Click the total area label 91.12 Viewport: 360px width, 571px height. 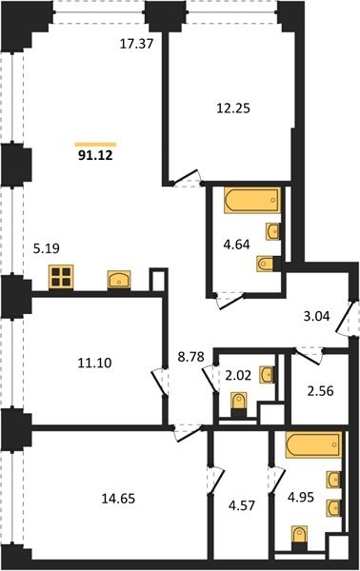tap(95, 156)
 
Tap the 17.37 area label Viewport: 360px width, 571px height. tap(136, 44)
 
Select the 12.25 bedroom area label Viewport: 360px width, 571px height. tap(233, 108)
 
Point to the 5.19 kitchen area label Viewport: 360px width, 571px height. tap(47, 248)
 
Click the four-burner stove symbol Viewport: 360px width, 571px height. tap(61, 277)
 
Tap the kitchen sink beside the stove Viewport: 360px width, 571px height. tap(119, 280)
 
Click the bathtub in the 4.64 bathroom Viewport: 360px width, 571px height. tap(252, 200)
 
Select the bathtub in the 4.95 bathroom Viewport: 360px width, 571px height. tap(313, 444)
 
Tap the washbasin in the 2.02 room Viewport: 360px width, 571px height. tap(267, 374)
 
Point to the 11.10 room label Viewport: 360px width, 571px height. tap(94, 363)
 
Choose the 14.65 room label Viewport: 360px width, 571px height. tap(118, 498)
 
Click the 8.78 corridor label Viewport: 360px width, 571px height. tap(190, 357)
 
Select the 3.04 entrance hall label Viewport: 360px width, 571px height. tap(316, 316)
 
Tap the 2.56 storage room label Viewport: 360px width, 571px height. tap(320, 391)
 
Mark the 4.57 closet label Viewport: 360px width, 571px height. tap(242, 505)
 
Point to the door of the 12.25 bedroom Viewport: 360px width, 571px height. tap(186, 179)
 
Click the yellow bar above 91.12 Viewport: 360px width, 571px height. tap(95, 145)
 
